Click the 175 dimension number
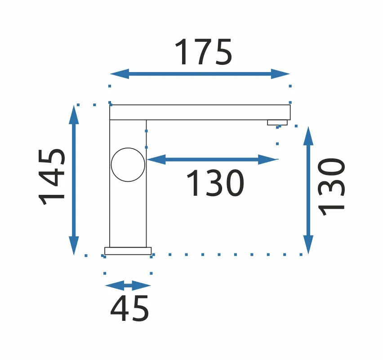[x=203, y=52]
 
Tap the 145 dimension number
[x=52, y=176]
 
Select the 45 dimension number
[x=129, y=308]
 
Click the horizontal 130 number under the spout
[x=215, y=183]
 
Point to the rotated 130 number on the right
[x=331, y=187]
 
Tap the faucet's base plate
[x=128, y=251]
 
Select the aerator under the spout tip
[x=277, y=122]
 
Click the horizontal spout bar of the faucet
[x=200, y=112]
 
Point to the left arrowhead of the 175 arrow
[x=119, y=74]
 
